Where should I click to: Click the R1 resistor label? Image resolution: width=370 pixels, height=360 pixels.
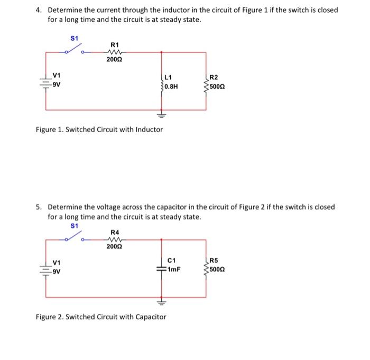point(115,45)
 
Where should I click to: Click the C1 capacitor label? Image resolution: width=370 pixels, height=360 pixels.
point(171,260)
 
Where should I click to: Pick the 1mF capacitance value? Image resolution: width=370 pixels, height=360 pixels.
point(174,268)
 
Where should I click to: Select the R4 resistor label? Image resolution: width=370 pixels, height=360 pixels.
point(115,232)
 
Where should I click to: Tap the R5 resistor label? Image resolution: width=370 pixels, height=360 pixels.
point(213,260)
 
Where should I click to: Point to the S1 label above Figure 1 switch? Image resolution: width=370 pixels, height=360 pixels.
point(75,38)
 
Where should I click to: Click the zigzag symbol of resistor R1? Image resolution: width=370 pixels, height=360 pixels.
point(114,52)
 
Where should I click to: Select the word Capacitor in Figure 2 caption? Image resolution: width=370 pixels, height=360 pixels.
point(149,317)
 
